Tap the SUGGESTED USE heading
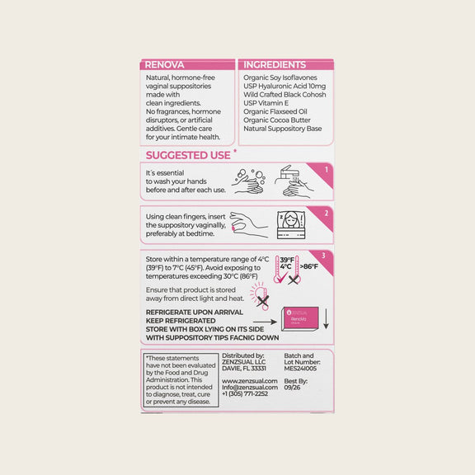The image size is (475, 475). (188, 155)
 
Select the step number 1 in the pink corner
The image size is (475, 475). (327, 171)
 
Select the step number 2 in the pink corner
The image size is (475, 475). (327, 213)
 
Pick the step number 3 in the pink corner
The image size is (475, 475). (323, 256)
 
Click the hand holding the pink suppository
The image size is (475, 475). (247, 223)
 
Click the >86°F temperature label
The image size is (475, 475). (310, 266)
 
